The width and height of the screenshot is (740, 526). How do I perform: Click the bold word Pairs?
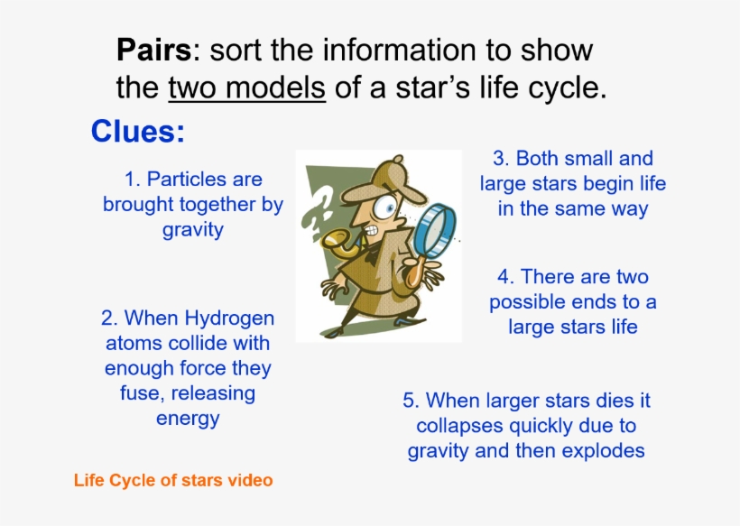click(x=153, y=50)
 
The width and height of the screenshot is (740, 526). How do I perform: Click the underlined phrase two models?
click(x=246, y=88)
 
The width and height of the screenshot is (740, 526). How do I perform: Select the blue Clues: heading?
click(x=137, y=132)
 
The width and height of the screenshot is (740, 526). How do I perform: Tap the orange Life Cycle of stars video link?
click(x=173, y=480)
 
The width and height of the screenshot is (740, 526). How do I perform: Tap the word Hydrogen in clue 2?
click(x=229, y=318)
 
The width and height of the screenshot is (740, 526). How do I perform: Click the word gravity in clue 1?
click(x=192, y=229)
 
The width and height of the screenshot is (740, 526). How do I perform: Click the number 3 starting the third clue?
click(x=498, y=159)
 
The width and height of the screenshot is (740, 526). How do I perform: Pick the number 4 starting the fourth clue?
click(x=504, y=277)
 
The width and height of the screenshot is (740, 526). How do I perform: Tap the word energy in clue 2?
click(x=188, y=419)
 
